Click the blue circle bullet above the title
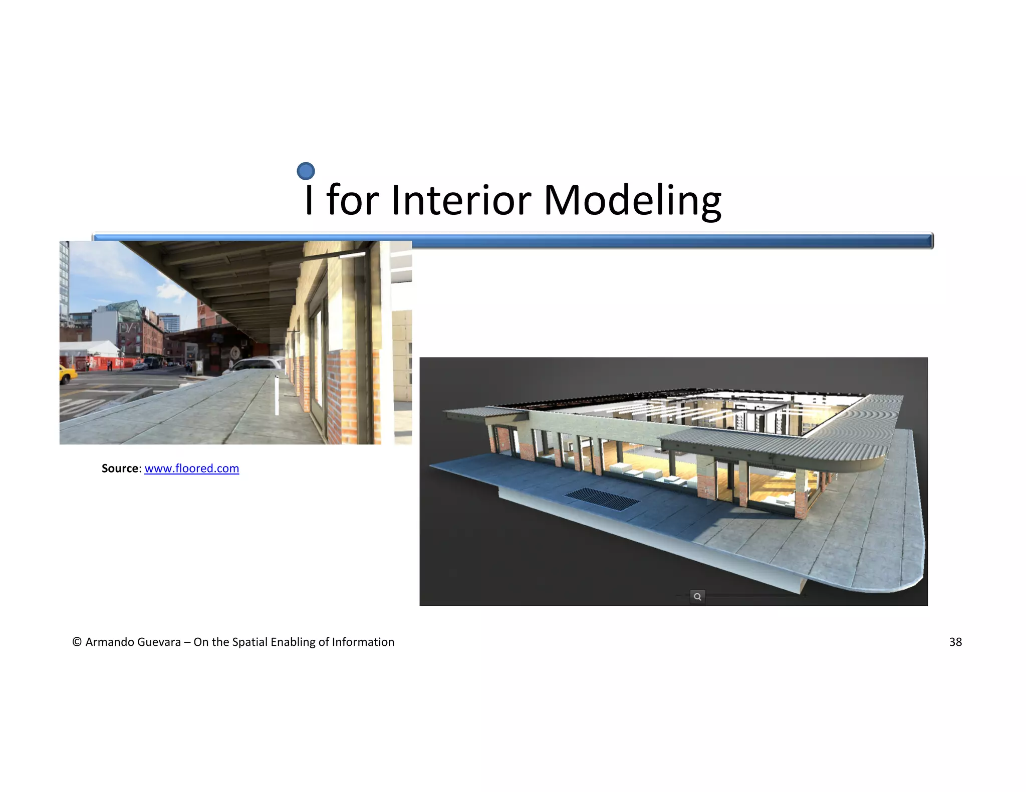[306, 171]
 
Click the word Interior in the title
[461, 200]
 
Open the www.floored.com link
[191, 469]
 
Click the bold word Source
[119, 469]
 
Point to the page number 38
[955, 642]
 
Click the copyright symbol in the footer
[77, 642]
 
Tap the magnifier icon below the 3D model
[697, 596]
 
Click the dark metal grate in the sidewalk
[602, 499]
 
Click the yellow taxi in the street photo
[68, 373]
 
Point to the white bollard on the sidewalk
[277, 395]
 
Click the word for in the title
[352, 200]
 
